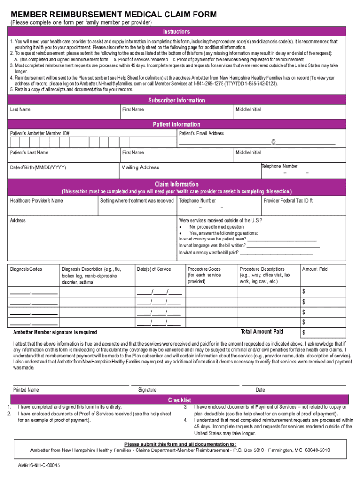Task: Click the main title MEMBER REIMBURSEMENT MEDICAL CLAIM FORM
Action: [114, 15]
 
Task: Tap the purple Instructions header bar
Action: [176, 32]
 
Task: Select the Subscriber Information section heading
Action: [176, 101]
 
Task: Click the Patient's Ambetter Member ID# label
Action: [40, 134]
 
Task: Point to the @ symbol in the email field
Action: [273, 142]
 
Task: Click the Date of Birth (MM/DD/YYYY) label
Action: [38, 167]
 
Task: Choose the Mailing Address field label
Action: [140, 167]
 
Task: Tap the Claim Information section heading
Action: [176, 184]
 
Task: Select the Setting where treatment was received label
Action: [137, 201]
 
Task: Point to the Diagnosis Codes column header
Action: [26, 269]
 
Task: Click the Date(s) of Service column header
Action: [154, 269]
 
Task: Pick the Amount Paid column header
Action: [315, 269]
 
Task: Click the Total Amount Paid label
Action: [262, 332]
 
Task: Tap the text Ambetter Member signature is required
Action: [55, 332]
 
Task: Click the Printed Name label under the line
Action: [26, 390]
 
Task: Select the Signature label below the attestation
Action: [147, 390]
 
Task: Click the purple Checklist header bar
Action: [180, 400]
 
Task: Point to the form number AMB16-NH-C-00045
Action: [39, 466]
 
